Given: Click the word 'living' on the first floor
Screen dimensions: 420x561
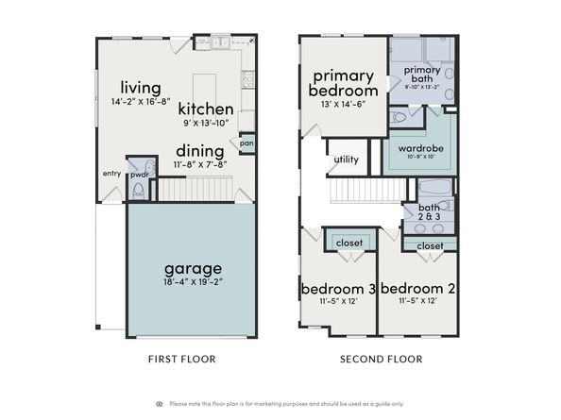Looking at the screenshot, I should (140, 87).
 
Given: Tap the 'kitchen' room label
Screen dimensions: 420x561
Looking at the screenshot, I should (205, 109).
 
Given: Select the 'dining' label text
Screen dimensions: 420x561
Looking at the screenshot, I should (198, 151).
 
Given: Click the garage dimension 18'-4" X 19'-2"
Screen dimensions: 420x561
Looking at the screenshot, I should (191, 281).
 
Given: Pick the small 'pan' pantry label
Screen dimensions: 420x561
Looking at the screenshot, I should (246, 143).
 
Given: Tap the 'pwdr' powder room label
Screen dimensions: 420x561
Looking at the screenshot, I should (138, 174).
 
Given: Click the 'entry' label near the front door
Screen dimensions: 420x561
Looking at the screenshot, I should (111, 174).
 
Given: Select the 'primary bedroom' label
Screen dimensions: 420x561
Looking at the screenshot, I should (344, 82).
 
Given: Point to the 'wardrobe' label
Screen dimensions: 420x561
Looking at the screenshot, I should (421, 148).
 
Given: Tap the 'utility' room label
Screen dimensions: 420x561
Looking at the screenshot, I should (346, 160).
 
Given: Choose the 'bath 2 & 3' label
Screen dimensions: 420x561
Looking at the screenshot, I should (429, 211).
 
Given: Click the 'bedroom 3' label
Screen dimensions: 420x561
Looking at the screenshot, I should (337, 288).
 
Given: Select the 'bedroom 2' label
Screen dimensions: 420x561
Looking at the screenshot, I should (416, 288).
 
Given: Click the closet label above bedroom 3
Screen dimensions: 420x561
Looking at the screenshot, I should (348, 243).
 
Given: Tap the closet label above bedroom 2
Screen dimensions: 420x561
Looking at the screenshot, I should (430, 245).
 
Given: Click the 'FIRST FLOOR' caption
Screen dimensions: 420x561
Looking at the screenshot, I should (183, 359).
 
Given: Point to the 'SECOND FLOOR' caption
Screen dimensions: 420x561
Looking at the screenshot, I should (381, 359).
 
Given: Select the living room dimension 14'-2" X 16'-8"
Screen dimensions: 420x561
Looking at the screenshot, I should (140, 101).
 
